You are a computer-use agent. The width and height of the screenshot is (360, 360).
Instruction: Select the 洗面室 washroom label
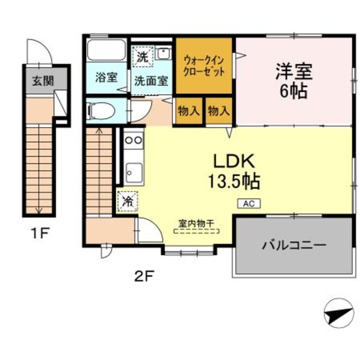[x=150, y=80]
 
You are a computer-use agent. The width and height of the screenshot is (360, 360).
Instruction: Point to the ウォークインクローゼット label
[x=204, y=65]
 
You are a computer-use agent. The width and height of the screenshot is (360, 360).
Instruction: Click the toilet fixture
[x=100, y=111]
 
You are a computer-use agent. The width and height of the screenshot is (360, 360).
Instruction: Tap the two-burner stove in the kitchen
[x=133, y=140]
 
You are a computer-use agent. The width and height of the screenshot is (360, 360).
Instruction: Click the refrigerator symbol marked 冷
[x=127, y=201]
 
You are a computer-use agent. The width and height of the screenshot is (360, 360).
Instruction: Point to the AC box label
[x=249, y=203]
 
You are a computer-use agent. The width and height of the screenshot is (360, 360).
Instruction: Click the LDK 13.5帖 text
[x=235, y=170]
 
